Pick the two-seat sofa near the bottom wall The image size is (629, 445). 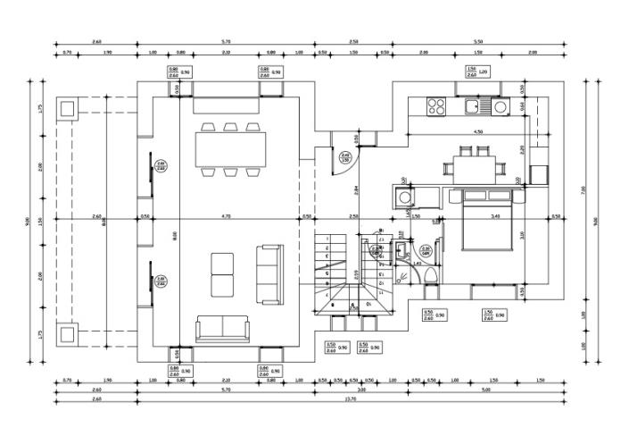point(222,329)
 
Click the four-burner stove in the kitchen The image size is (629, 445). point(436,107)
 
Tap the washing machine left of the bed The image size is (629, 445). point(405,197)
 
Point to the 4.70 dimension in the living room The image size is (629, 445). point(226,215)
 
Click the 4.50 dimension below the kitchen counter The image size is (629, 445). point(477,131)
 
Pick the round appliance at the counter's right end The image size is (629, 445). point(501,107)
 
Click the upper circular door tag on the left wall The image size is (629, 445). point(161,164)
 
